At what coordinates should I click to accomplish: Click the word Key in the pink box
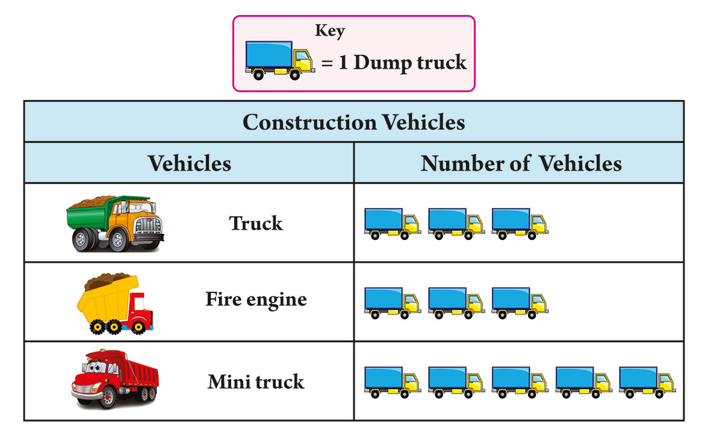330,31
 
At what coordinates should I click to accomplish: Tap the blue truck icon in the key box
280,60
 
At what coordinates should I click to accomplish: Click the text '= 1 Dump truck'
394,63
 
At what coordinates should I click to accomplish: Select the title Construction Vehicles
353,122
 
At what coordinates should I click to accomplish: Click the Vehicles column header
190,163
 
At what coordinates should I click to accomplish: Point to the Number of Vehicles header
521,163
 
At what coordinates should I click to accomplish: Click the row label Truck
256,223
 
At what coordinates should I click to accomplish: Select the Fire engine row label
256,300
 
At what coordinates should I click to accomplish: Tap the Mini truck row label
256,382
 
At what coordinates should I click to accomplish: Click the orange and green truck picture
116,223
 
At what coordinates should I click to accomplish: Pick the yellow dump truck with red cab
115,304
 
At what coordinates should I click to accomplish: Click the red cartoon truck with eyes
114,379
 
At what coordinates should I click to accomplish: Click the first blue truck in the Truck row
393,224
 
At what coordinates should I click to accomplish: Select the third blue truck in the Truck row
520,224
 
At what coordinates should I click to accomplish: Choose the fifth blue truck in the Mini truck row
647,382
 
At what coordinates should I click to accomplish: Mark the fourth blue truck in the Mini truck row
583,382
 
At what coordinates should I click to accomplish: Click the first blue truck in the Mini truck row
393,382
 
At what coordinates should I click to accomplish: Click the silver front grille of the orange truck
148,225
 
